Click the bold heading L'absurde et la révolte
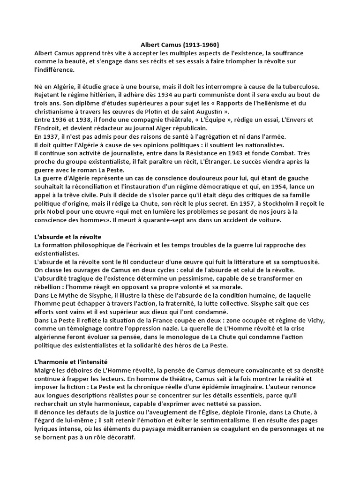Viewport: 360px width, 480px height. (68, 237)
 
